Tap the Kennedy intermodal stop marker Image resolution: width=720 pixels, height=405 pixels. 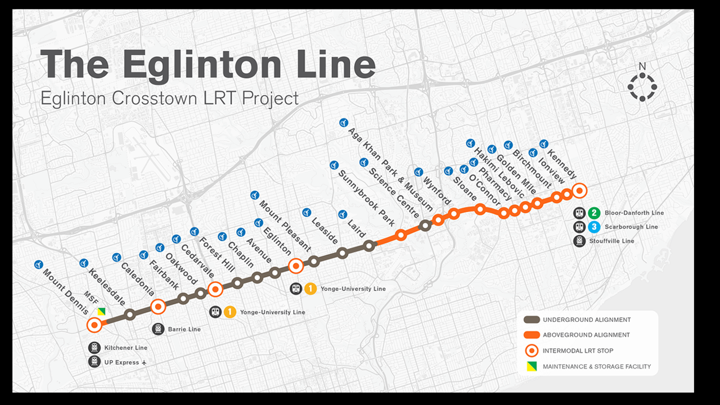pyautogui.click(x=579, y=190)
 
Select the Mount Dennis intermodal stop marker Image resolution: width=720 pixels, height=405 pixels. pyautogui.click(x=94, y=325)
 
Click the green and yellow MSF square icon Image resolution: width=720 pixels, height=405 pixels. pyautogui.click(x=101, y=312)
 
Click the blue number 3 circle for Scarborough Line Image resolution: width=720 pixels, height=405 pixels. pyautogui.click(x=595, y=227)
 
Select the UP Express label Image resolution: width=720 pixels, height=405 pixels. pyautogui.click(x=121, y=362)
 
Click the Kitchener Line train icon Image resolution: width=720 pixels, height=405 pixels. pyautogui.click(x=94, y=348)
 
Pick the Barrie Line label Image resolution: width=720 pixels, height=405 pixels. pyautogui.click(x=184, y=329)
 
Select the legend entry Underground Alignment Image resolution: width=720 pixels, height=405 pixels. pyautogui.click(x=586, y=319)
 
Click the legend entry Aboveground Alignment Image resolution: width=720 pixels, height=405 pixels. pyautogui.click(x=586, y=335)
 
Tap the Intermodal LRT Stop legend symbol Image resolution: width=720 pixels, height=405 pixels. pyautogui.click(x=531, y=350)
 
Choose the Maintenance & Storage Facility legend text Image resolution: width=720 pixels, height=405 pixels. pyautogui.click(x=596, y=366)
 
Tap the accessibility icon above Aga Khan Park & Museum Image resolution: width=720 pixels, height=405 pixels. pyautogui.click(x=343, y=122)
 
